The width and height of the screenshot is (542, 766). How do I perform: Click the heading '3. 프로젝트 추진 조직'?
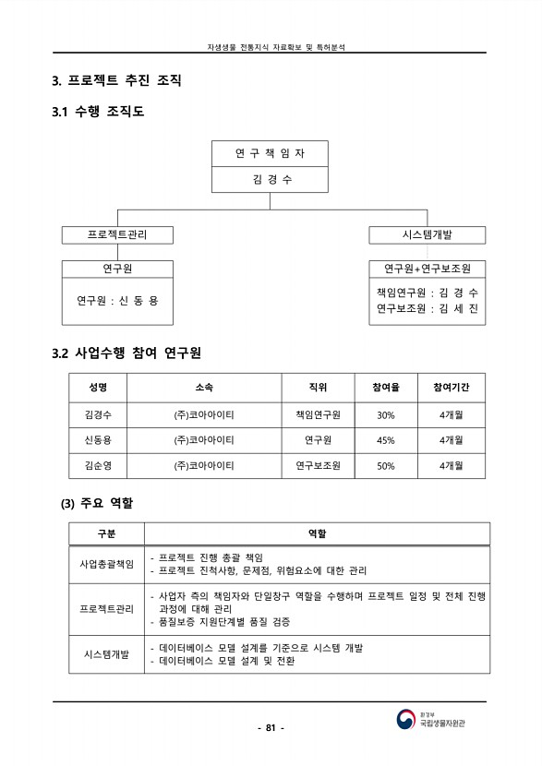coord(116,81)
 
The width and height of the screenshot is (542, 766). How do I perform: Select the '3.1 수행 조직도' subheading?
coord(98,113)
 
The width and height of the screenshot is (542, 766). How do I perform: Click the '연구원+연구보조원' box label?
coord(427,269)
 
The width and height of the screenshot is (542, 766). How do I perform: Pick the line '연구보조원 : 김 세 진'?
coord(427,309)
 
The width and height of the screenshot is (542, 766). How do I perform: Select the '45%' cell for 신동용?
coord(385,440)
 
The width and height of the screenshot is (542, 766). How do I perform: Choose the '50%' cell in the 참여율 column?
coord(385,466)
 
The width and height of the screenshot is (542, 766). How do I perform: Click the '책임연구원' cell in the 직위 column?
coord(319,414)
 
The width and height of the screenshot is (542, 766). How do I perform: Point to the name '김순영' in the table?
coord(99,466)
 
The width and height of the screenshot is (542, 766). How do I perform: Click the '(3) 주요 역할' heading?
coord(97,504)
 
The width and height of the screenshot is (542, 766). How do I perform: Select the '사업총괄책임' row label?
coord(107,563)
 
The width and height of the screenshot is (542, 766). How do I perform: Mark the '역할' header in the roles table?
coord(317,534)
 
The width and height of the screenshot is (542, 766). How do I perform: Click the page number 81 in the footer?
coord(271,727)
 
